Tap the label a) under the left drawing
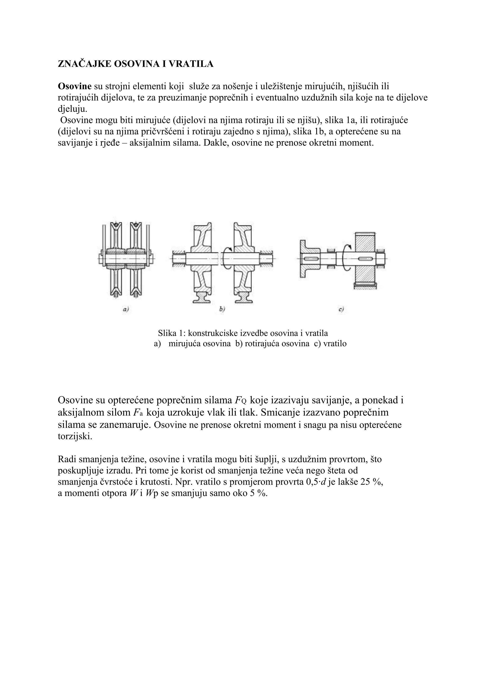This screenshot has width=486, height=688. [126, 310]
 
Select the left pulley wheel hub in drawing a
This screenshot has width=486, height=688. [116, 258]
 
